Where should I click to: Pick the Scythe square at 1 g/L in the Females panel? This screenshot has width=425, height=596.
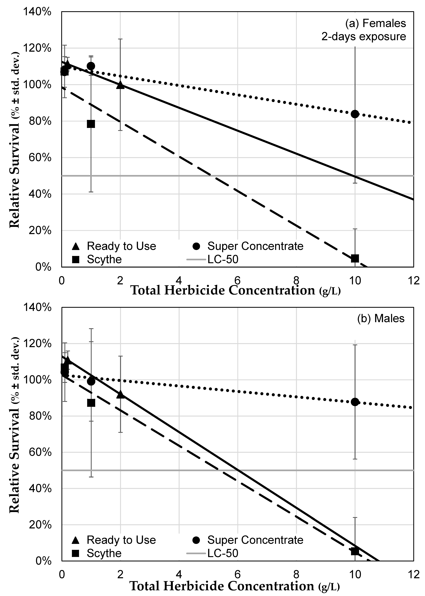[91, 124]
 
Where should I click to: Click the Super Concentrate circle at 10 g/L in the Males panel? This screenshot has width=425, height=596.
[355, 402]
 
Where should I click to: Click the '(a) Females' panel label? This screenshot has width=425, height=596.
[376, 23]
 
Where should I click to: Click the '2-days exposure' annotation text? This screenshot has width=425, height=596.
[364, 37]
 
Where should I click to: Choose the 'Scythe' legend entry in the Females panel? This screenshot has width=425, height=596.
[104, 259]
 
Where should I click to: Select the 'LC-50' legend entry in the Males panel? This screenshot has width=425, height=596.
[223, 553]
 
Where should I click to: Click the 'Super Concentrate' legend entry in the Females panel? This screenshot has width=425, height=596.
[255, 246]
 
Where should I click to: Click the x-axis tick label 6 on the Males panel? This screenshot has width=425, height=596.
[237, 574]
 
